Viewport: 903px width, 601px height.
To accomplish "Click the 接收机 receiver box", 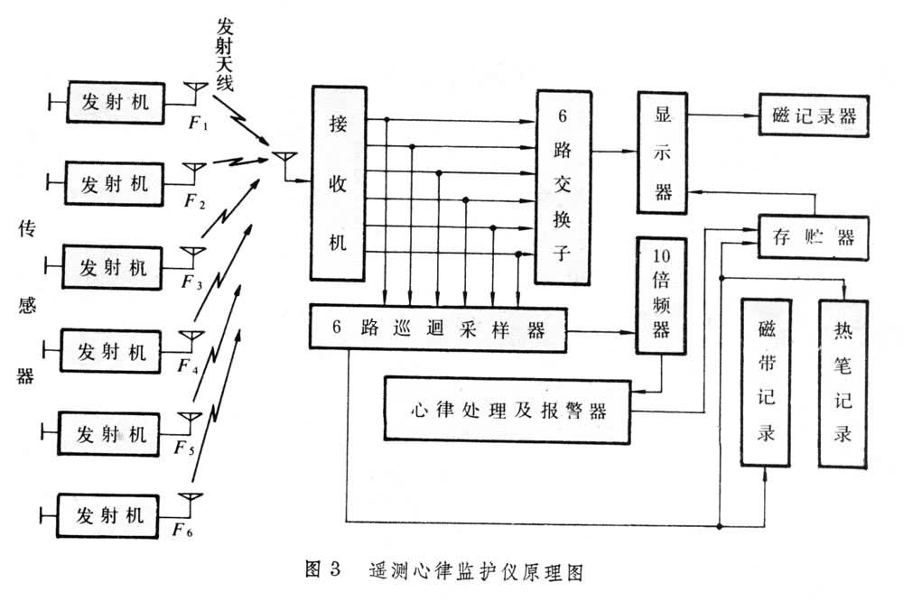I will point(338,183).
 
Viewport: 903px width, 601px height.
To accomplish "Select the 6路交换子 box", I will point(563,188).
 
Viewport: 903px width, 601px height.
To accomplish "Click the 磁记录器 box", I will point(815,116).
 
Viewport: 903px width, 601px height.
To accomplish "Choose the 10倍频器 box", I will point(662,291).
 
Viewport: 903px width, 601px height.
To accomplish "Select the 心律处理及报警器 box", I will point(507,411).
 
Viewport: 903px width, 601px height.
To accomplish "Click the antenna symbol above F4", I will point(191,337).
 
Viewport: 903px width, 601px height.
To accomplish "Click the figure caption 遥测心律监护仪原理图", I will point(478,571).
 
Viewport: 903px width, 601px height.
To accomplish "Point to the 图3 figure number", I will point(322,571).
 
